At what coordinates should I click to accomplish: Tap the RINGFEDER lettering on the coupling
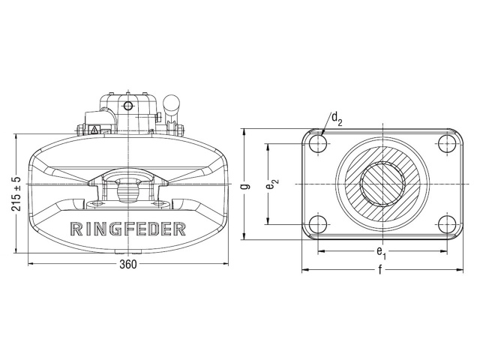tap(128, 229)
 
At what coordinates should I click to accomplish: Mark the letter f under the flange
tap(380, 268)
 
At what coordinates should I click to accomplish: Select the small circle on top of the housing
tap(128, 104)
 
